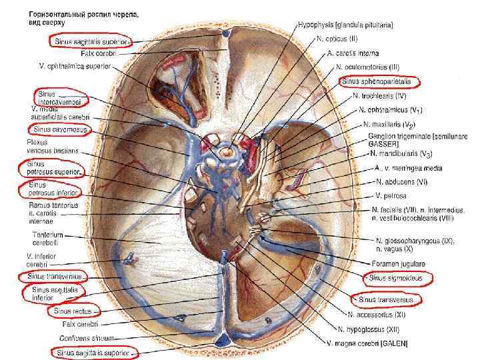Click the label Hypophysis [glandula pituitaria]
[345, 25]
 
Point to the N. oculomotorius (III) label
[367, 67]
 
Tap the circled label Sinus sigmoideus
[398, 276]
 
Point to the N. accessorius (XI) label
[377, 314]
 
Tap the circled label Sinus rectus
[73, 310]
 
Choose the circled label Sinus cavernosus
[56, 128]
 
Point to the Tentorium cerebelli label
[48, 239]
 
